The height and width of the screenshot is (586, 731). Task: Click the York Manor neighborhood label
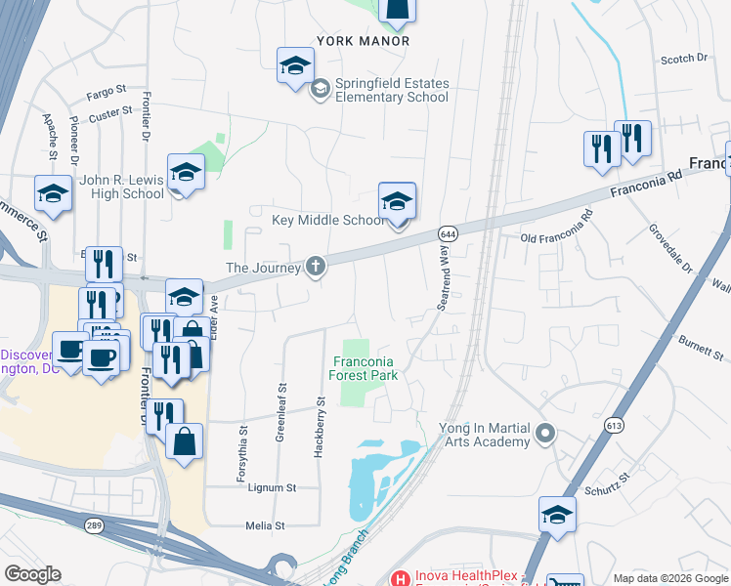point(363,42)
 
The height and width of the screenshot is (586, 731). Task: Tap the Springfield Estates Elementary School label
point(391,90)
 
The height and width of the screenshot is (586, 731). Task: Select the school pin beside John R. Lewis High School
point(185,173)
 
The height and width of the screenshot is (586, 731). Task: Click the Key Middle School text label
point(328,220)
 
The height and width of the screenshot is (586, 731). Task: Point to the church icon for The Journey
point(315,267)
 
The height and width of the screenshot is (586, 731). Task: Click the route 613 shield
point(614,426)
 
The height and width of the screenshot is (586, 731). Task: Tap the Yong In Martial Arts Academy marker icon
point(545,431)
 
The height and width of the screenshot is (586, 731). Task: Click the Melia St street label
point(265,525)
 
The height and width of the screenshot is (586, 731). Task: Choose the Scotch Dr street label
point(683,60)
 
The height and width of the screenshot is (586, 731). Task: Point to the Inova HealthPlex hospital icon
point(398,578)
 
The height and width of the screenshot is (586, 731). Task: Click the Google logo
point(32,574)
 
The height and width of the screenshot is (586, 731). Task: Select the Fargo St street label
point(107,89)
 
